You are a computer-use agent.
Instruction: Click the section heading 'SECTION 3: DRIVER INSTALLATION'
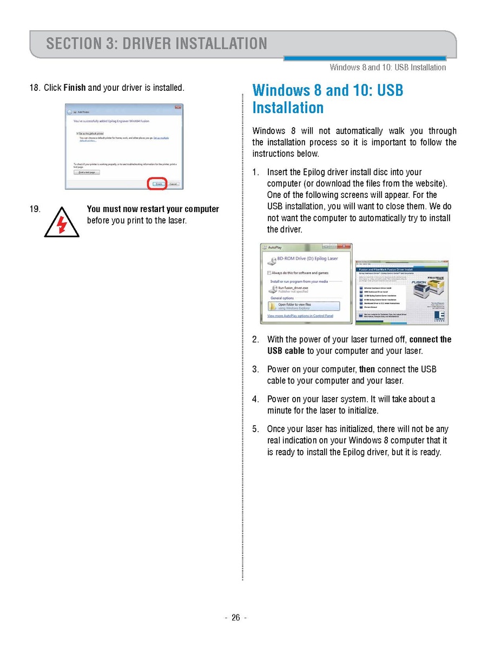coord(156,43)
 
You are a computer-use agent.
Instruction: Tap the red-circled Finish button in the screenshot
coord(157,184)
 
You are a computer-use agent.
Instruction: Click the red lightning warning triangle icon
coord(62,222)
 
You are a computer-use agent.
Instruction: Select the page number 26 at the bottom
coord(235,618)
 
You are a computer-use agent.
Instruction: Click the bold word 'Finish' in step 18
coord(75,88)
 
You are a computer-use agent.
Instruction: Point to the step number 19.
coord(35,209)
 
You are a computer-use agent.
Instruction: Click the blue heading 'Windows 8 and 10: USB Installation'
coord(327,98)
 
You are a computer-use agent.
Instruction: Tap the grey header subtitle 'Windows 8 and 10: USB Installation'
coord(387,68)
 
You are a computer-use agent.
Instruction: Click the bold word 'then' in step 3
coord(367,369)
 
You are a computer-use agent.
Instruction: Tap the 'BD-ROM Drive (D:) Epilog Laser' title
coord(307,259)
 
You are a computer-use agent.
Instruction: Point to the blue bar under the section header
coord(365,58)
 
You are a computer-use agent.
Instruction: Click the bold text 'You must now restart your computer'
coord(153,209)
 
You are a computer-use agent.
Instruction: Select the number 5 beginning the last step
coord(255,429)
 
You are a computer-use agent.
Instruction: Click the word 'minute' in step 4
coord(280,411)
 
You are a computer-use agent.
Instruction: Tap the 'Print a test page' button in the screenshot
coord(87,172)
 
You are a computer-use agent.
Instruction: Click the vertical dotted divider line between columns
coord(242,335)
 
